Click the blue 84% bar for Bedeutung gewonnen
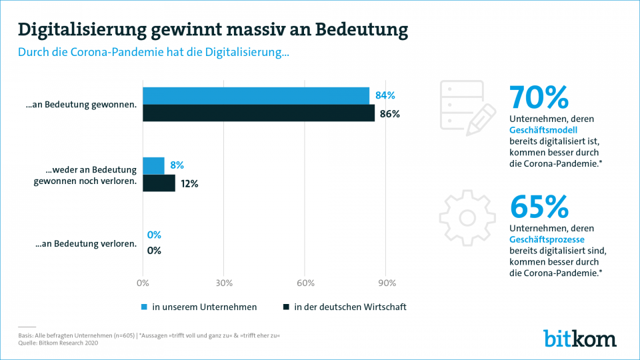tap(256, 96)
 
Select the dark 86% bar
tap(259, 113)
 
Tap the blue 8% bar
tap(153, 166)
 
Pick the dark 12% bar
tap(159, 183)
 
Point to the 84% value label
tap(385, 96)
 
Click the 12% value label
tap(189, 183)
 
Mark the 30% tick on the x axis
tap(223, 283)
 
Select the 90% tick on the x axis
tap(386, 283)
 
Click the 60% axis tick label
tap(305, 283)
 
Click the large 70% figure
tap(539, 97)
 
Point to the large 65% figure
tap(539, 207)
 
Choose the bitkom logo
tap(579, 338)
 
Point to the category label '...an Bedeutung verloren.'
tap(86, 243)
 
